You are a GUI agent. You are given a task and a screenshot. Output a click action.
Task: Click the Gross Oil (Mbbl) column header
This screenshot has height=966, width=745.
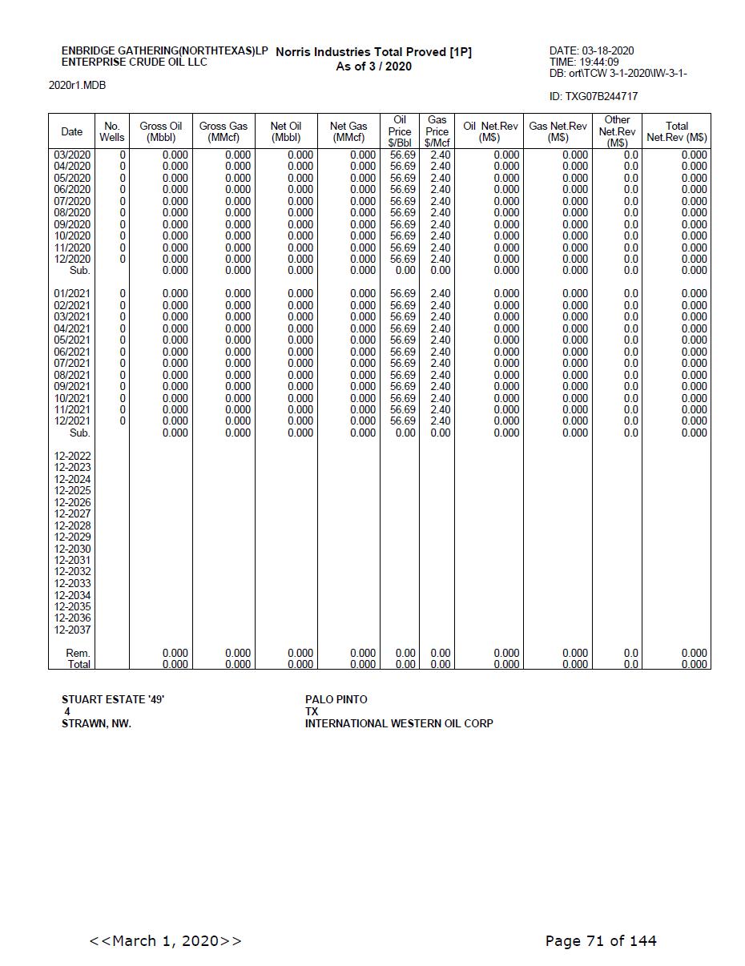[161, 131]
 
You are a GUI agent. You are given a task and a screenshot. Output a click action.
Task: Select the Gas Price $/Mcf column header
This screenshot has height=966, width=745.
[437, 131]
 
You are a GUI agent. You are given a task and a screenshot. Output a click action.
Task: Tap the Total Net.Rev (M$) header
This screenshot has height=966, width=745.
[676, 131]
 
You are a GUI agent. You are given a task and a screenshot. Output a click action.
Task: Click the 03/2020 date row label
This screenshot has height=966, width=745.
[72, 155]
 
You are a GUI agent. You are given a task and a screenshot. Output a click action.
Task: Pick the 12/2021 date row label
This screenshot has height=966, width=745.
[72, 421]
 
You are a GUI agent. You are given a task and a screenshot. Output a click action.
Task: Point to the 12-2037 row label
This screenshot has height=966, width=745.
[72, 630]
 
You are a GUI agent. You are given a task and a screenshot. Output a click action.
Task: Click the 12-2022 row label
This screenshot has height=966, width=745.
[72, 456]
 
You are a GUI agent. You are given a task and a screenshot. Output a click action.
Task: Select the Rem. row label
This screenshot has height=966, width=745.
[78, 653]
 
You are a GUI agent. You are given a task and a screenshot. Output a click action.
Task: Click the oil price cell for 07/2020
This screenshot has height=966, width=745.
[403, 201]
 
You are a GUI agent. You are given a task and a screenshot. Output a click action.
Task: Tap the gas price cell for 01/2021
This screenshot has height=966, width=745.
[440, 294]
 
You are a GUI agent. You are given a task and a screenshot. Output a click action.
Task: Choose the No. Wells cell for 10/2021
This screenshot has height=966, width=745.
[123, 398]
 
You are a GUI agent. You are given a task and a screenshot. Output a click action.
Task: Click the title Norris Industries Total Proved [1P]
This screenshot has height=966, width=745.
[373, 52]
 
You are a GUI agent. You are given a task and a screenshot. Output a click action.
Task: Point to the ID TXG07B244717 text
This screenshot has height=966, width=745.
[594, 97]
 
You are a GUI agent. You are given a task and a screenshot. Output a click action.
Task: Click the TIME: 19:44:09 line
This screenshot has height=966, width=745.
[584, 62]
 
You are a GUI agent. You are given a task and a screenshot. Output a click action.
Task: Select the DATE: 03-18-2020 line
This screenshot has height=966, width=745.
[591, 51]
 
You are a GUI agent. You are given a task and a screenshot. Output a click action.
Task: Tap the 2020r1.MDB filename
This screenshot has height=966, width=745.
[77, 86]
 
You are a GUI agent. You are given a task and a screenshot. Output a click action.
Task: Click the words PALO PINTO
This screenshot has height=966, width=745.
[336, 699]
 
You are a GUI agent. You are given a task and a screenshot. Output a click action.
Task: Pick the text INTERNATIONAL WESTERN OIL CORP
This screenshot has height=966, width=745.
[398, 723]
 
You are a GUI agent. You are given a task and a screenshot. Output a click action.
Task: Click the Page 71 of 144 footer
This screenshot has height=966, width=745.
[600, 940]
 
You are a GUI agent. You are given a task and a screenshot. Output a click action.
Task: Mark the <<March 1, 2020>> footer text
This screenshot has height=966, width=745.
[165, 940]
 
